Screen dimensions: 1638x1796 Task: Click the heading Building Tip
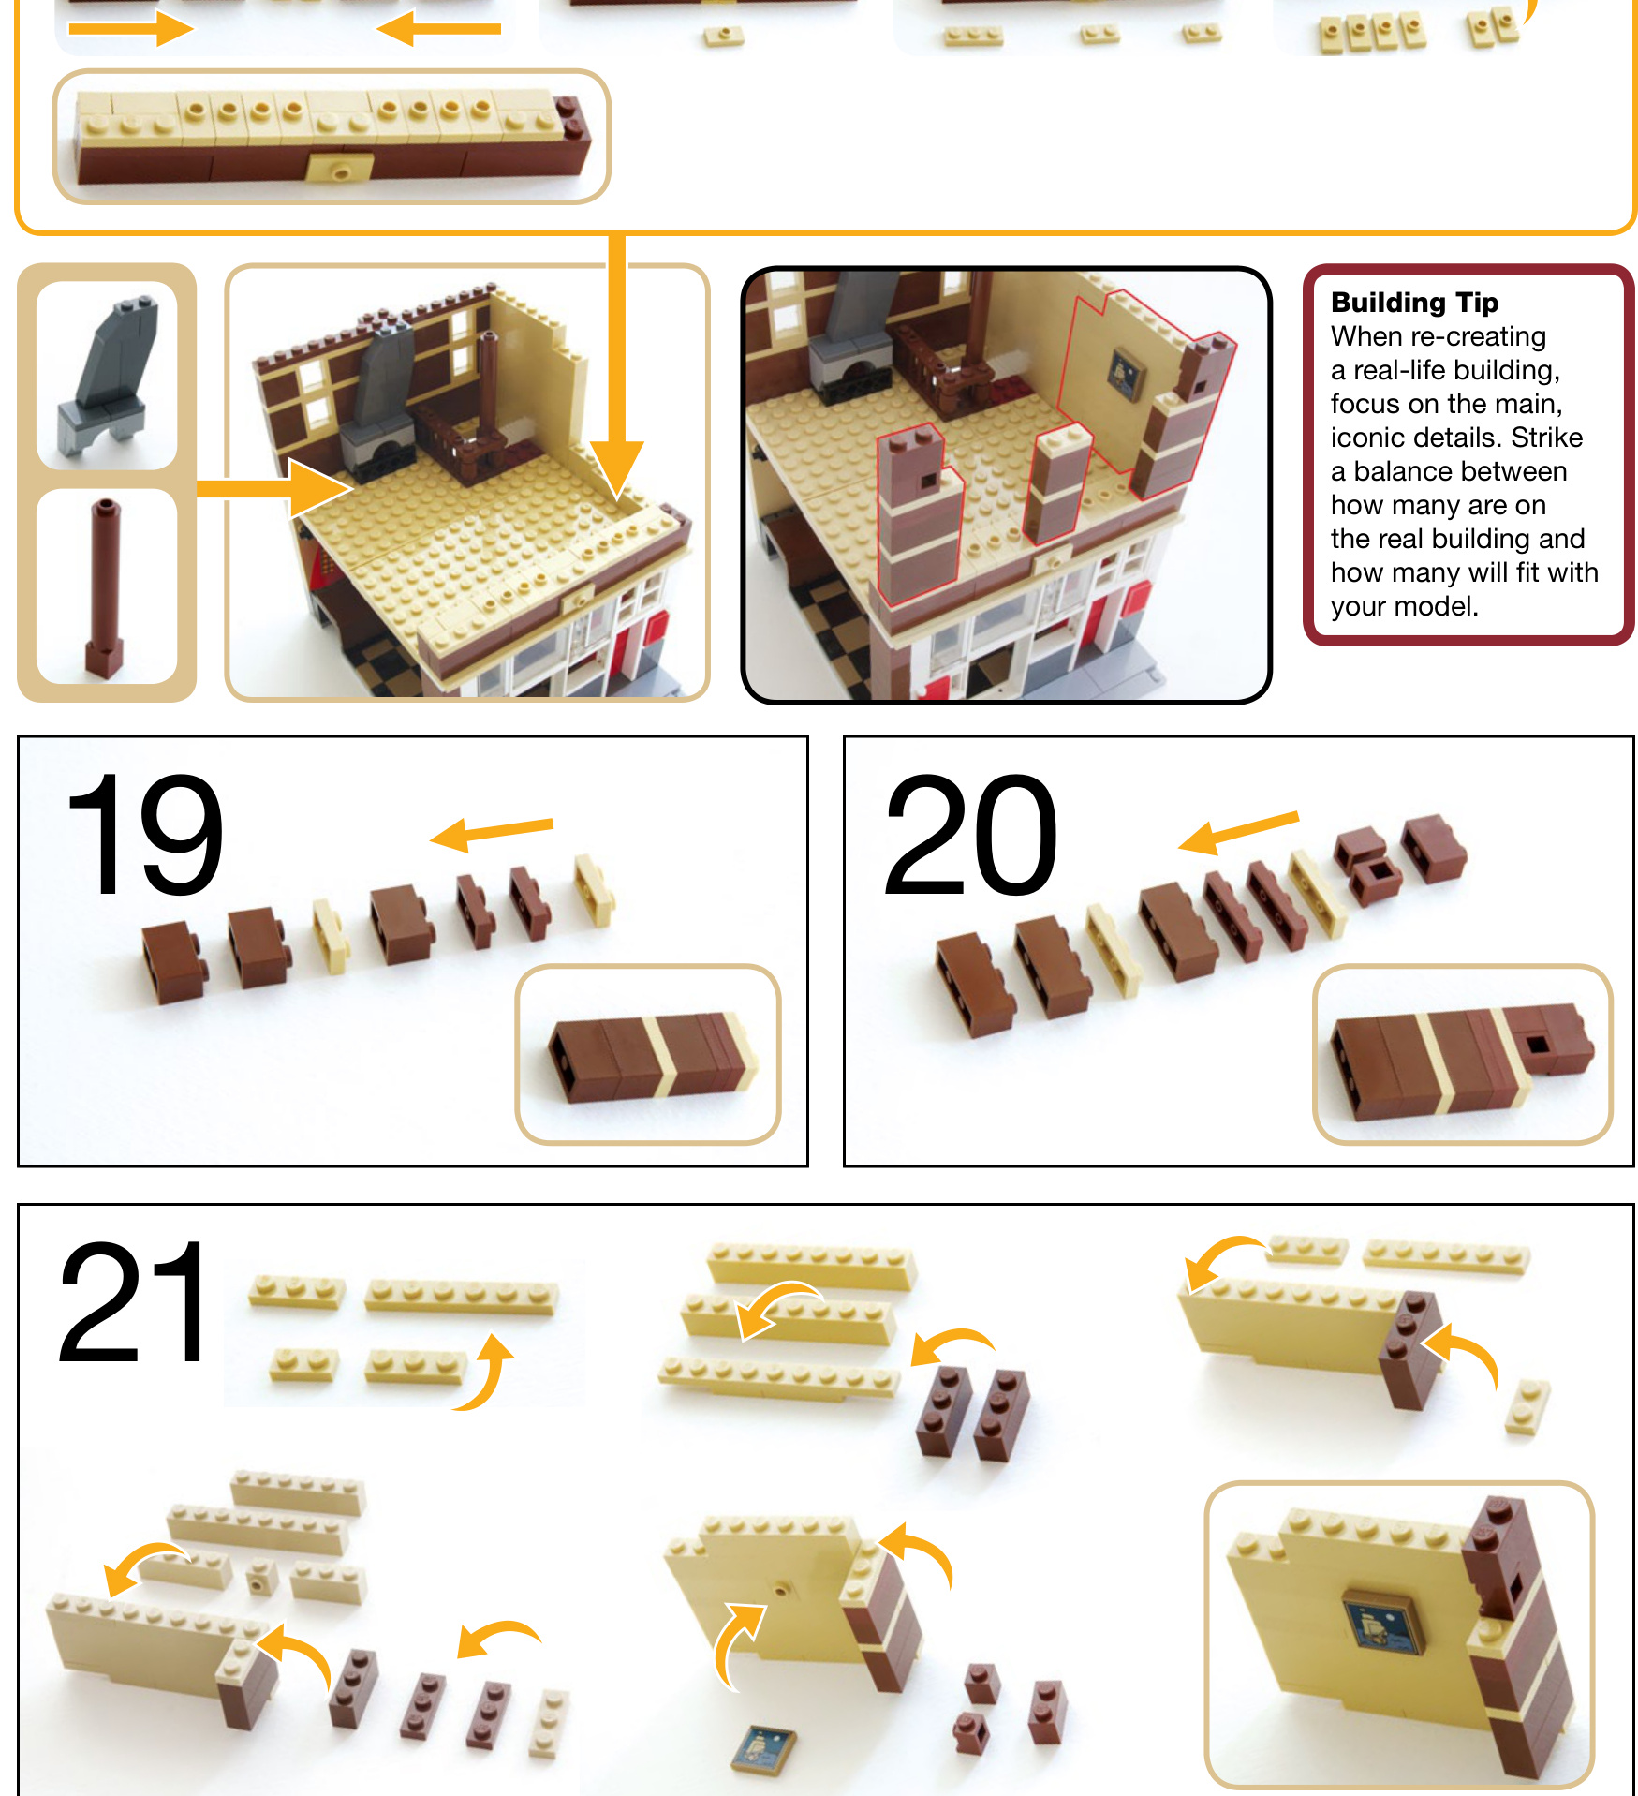click(1414, 302)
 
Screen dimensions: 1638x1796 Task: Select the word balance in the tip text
click(1405, 471)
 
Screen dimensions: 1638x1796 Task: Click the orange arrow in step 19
click(492, 832)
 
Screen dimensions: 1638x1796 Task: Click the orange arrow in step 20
click(1237, 832)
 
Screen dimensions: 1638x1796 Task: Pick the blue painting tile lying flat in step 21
click(764, 1748)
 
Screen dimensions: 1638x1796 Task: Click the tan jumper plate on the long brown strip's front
click(340, 170)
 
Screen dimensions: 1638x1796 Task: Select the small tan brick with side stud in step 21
click(260, 1579)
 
